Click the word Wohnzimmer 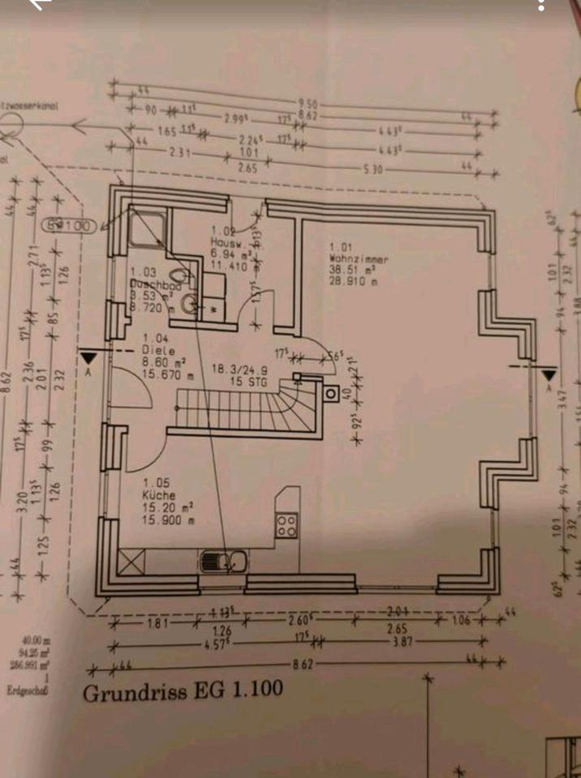[358, 259]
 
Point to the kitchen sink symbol [221, 559]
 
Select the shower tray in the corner [147, 229]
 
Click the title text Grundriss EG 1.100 [183, 691]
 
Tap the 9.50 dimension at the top [307, 104]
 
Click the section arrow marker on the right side [549, 375]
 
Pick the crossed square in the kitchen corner [131, 559]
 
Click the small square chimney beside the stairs [332, 395]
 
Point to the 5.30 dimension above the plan [372, 169]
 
